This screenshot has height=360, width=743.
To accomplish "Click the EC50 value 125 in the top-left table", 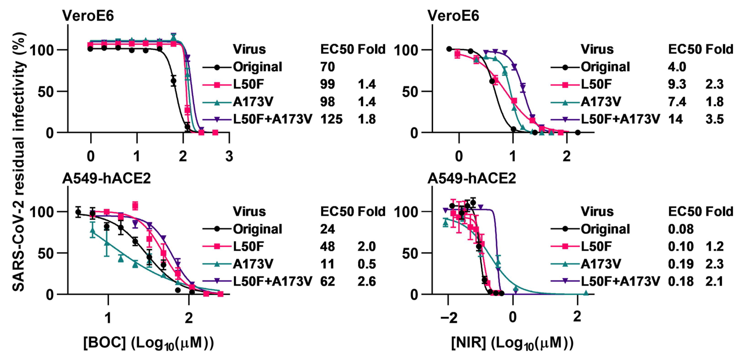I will (x=331, y=119).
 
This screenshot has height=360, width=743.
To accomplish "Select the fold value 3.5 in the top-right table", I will (x=714, y=119).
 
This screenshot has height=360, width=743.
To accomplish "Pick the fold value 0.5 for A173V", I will (x=367, y=264).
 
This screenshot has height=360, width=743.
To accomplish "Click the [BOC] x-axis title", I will (x=149, y=343).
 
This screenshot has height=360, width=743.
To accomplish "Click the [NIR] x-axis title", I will (x=512, y=343).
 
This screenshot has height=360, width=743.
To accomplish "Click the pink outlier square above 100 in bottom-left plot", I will (x=135, y=206).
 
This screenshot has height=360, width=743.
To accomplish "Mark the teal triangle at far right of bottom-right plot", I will (x=585, y=293).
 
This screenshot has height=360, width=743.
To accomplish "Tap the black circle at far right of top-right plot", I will (x=578, y=132).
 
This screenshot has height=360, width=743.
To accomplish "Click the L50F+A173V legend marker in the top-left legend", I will (x=217, y=119).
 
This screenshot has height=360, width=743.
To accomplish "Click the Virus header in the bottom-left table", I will (x=249, y=211).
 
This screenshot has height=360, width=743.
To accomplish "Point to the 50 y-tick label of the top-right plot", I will (x=410, y=92).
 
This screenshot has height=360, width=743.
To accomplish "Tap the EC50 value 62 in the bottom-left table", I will (x=327, y=281).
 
